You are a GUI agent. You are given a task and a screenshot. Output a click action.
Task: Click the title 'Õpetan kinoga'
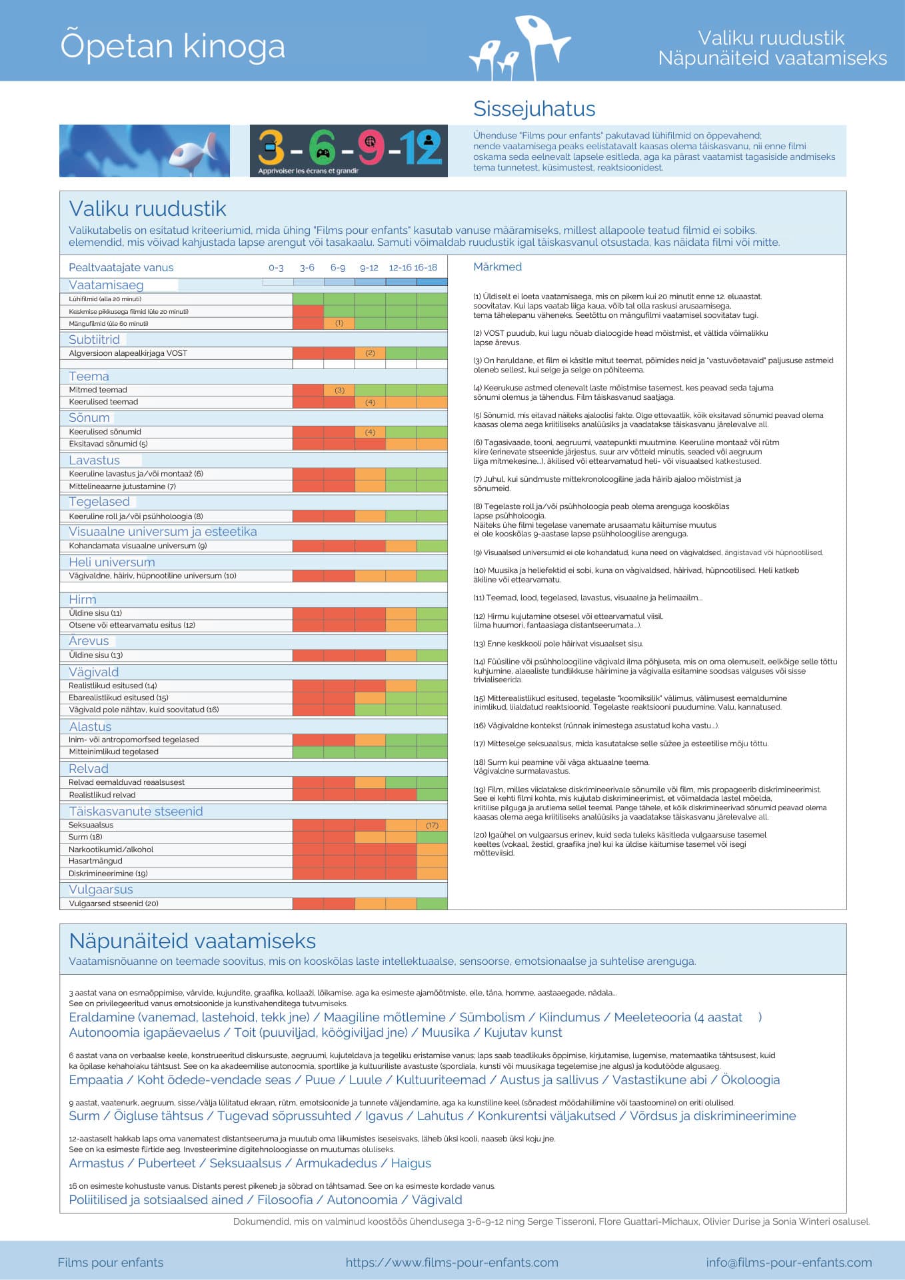pyautogui.click(x=173, y=46)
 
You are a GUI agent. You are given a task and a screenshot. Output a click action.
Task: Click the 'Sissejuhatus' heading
pyautogui.click(x=534, y=109)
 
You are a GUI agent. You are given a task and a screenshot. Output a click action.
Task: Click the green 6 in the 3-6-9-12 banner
pyautogui.click(x=323, y=147)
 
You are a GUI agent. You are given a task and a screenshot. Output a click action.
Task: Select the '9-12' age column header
pyautogui.click(x=369, y=267)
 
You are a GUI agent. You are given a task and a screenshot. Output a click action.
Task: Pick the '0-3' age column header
pyautogui.click(x=276, y=267)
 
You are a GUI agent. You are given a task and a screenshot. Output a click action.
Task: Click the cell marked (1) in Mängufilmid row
pyautogui.click(x=339, y=323)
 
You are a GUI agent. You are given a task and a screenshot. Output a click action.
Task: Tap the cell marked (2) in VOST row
pyautogui.click(x=370, y=353)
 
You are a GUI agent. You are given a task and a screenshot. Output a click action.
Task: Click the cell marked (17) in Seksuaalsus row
pyautogui.click(x=432, y=825)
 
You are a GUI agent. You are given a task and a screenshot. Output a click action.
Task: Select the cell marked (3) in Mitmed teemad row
pyautogui.click(x=339, y=390)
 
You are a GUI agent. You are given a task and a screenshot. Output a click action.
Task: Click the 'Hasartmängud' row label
pyautogui.click(x=95, y=861)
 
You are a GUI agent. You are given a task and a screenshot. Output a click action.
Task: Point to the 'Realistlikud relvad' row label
pyautogui.click(x=102, y=795)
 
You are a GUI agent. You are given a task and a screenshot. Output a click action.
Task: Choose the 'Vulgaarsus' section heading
pyautogui.click(x=101, y=890)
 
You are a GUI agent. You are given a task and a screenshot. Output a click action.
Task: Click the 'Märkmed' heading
pyautogui.click(x=497, y=267)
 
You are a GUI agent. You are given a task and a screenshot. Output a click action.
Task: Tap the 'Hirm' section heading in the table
pyautogui.click(x=83, y=599)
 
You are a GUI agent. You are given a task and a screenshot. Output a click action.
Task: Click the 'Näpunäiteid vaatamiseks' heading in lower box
pyautogui.click(x=193, y=941)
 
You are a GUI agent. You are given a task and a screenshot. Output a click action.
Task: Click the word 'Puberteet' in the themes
pyautogui.click(x=167, y=1163)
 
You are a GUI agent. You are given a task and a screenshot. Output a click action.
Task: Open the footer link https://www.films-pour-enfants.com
pyautogui.click(x=452, y=1263)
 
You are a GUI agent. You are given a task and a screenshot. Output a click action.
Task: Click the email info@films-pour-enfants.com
pyautogui.click(x=789, y=1263)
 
